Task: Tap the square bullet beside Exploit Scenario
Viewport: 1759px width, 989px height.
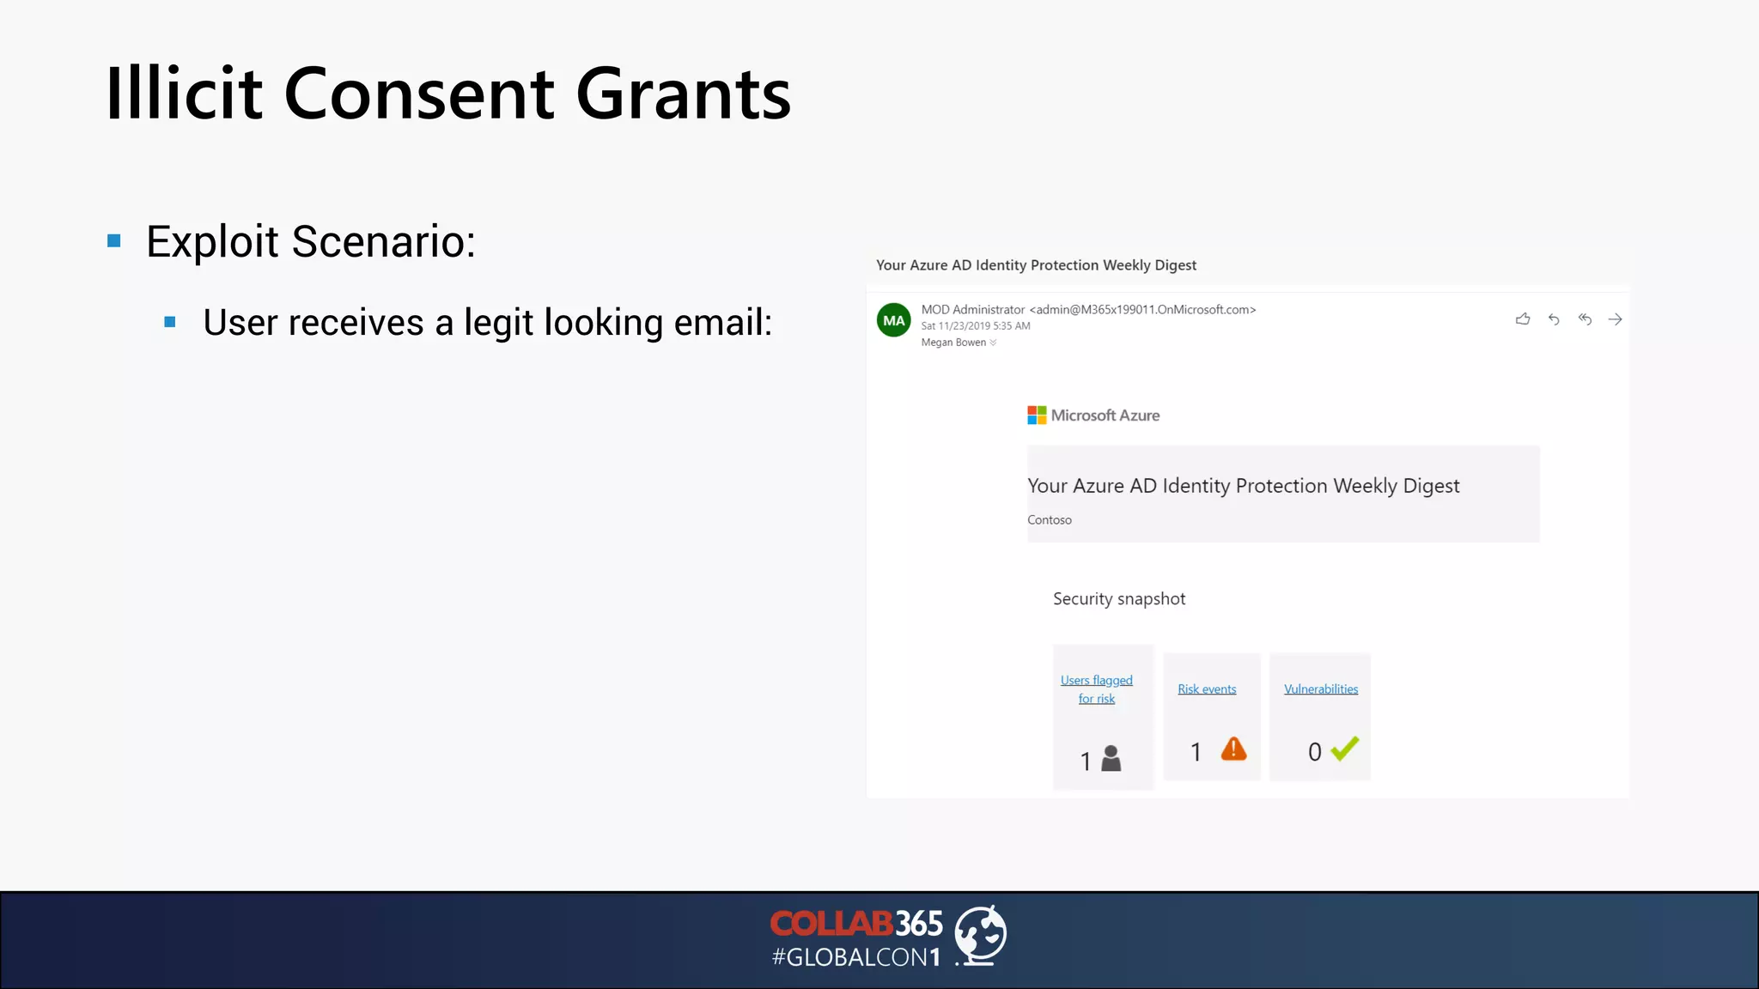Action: tap(114, 241)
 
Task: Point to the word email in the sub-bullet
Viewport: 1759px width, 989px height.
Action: tap(722, 323)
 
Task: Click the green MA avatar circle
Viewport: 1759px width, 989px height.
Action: tap(893, 320)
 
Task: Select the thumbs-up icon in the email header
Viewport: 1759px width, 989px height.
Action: tap(1523, 319)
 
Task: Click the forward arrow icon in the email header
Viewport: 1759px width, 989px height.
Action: tap(1616, 319)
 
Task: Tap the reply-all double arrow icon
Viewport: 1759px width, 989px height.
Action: tap(1585, 319)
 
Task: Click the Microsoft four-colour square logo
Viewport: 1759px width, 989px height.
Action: tap(1037, 416)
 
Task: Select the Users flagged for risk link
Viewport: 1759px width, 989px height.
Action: tap(1097, 689)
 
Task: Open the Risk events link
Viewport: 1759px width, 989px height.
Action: tap(1207, 689)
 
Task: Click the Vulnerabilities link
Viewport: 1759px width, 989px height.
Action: tap(1321, 689)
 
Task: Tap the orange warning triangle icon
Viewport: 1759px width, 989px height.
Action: tap(1233, 749)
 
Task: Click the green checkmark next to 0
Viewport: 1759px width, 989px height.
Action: tap(1345, 749)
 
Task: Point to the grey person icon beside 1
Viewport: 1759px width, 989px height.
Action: tap(1111, 758)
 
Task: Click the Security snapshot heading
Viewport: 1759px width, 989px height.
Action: tap(1119, 599)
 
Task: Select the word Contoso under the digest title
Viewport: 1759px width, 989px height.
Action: tap(1050, 520)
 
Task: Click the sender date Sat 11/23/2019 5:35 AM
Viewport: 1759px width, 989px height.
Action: tap(976, 326)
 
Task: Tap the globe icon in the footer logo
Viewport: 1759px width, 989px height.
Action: tap(981, 935)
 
